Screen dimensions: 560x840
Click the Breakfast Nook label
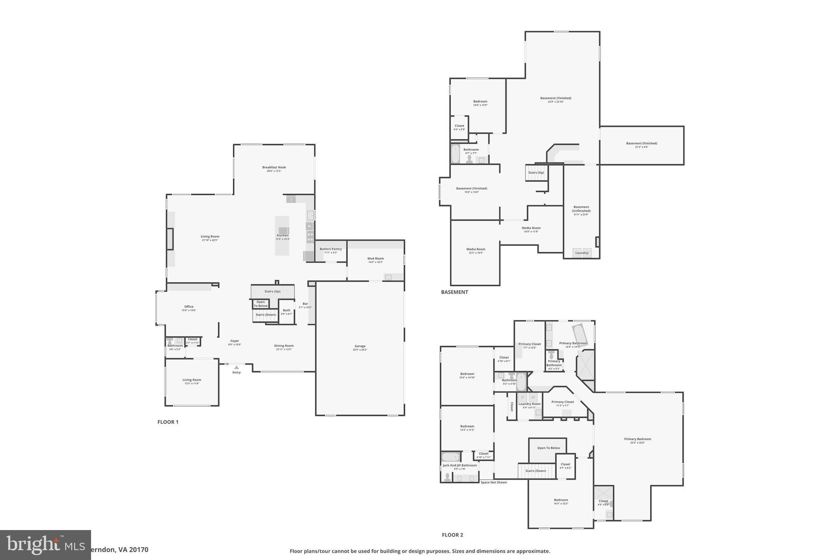click(274, 167)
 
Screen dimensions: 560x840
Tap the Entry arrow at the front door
click(236, 368)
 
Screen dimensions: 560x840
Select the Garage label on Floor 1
click(360, 346)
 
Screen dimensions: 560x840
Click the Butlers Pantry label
click(331, 249)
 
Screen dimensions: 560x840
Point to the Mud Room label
click(375, 258)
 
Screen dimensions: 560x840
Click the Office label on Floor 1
click(189, 307)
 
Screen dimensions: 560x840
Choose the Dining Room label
click(284, 346)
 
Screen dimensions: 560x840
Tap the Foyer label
click(235, 341)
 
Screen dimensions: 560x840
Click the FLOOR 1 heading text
click(168, 422)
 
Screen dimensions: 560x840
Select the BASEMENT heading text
click(454, 292)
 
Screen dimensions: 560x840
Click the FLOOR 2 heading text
click(452, 535)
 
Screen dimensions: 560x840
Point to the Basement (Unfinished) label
click(581, 209)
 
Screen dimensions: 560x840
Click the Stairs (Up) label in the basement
click(536, 173)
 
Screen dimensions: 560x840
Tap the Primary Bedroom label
click(637, 439)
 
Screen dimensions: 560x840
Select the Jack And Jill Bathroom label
click(459, 465)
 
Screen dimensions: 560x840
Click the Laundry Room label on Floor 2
click(530, 404)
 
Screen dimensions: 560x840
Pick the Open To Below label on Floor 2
click(548, 448)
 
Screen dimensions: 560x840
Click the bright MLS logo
click(45, 545)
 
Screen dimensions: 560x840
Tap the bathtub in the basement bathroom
click(455, 154)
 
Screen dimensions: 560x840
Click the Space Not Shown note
click(493, 482)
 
